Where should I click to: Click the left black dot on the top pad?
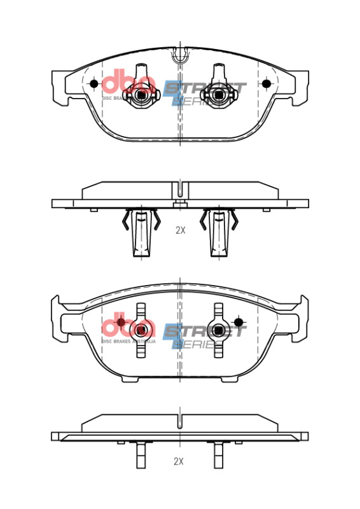click(94, 84)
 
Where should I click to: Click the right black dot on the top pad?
click(267, 84)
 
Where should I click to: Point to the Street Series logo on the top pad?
click(204, 92)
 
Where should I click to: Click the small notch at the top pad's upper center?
click(180, 55)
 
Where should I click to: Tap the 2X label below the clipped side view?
click(180, 231)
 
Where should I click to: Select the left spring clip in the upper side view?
click(141, 232)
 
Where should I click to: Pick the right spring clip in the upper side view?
click(219, 232)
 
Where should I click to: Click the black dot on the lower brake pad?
click(239, 323)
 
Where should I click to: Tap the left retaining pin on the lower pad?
click(141, 330)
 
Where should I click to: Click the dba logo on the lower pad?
click(127, 328)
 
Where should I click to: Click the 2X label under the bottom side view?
click(180, 460)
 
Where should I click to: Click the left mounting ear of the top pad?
click(59, 87)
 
